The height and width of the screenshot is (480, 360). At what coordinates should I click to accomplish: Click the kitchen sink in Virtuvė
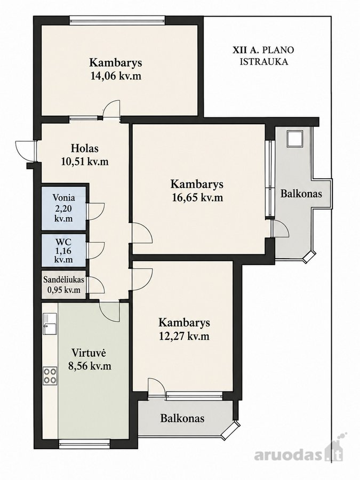50,324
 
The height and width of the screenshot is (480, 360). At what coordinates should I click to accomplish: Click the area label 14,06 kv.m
116,76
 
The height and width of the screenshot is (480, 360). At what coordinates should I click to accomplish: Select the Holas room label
85,148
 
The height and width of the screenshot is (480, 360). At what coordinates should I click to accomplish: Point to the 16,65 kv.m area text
197,197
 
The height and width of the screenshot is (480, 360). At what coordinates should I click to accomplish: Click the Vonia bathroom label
63,197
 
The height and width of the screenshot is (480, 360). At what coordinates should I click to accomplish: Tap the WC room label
63,241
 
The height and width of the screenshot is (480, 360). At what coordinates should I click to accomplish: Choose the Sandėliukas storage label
63,279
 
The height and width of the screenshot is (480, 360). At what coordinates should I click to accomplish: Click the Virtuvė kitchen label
89,353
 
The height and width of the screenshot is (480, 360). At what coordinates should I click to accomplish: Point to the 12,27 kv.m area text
184,336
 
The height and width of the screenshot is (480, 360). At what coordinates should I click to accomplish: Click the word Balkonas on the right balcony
301,194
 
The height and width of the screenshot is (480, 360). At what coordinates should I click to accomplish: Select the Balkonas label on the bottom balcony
182,418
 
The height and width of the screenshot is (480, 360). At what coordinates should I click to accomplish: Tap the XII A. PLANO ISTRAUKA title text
263,55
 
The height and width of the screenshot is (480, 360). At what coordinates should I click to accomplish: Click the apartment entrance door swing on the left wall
26,150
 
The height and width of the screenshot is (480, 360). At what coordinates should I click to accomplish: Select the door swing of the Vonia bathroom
96,211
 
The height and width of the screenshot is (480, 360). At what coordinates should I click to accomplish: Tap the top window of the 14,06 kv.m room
117,20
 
